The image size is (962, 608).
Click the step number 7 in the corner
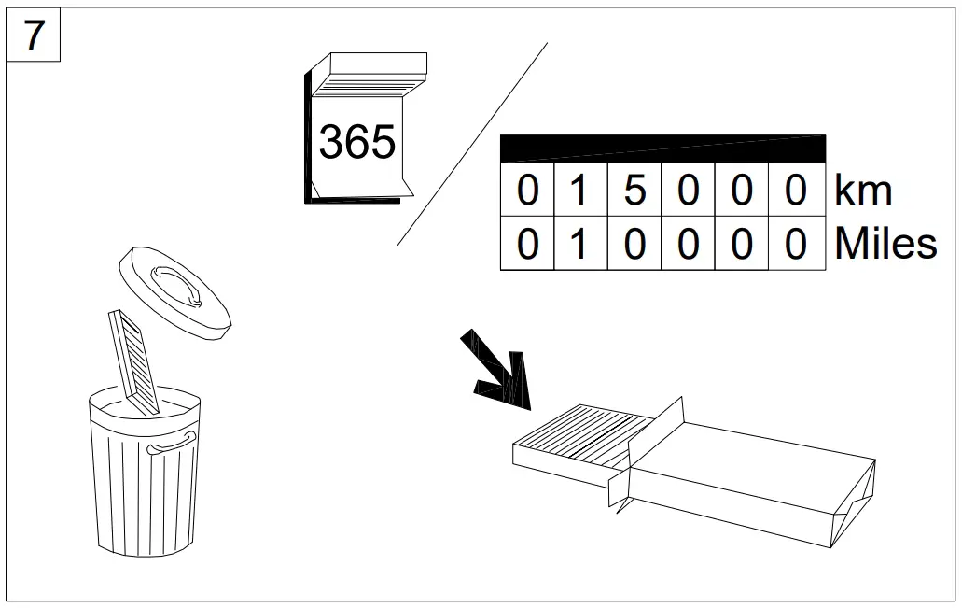(x=34, y=36)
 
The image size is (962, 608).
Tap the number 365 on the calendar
(x=357, y=142)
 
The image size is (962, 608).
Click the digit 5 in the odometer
(x=634, y=191)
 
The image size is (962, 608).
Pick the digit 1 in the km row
(x=580, y=191)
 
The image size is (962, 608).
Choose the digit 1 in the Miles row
(x=580, y=244)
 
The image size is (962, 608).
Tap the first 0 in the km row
(x=527, y=191)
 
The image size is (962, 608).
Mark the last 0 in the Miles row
(x=795, y=244)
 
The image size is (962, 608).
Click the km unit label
(x=863, y=191)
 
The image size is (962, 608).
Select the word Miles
(x=885, y=244)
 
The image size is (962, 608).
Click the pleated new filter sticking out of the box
(x=579, y=434)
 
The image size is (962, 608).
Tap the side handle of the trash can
(x=172, y=444)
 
